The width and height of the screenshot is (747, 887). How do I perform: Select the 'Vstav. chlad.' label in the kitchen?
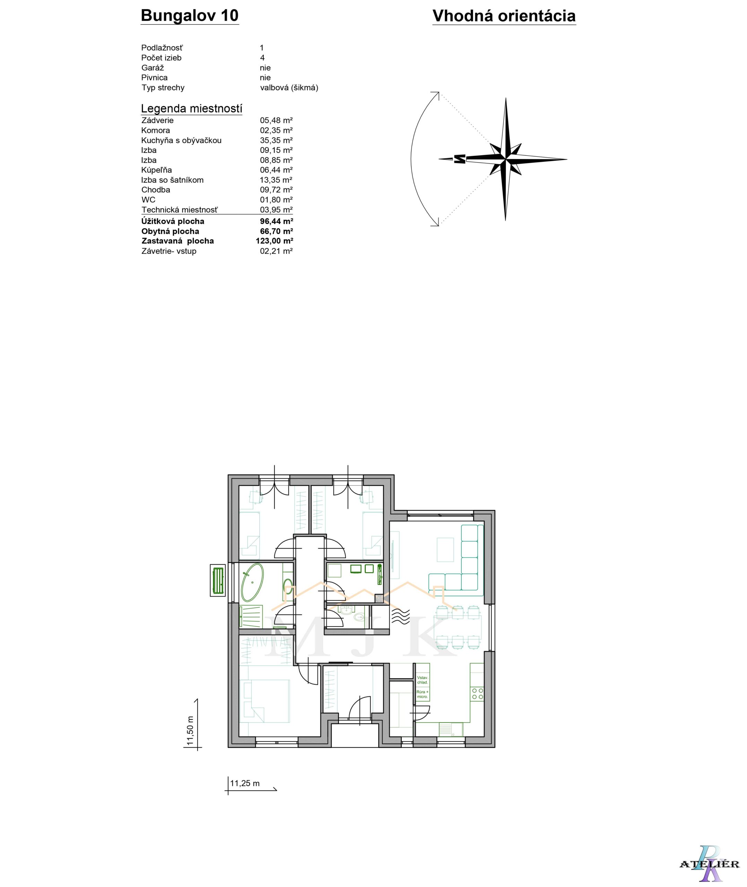[x=422, y=680]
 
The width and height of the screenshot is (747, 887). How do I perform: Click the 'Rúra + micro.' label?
[x=422, y=694]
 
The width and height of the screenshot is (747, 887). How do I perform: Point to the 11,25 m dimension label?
[x=245, y=783]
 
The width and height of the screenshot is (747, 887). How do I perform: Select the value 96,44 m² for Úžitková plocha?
[x=277, y=221]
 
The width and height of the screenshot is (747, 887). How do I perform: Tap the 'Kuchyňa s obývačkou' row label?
[x=181, y=140]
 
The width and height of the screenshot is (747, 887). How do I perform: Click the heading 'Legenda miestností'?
[x=191, y=108]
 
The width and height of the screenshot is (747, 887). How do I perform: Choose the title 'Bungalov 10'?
[x=190, y=15]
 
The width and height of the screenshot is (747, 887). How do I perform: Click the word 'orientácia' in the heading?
[x=537, y=16]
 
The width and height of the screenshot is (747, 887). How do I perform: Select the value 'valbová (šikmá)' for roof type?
[x=289, y=88]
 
